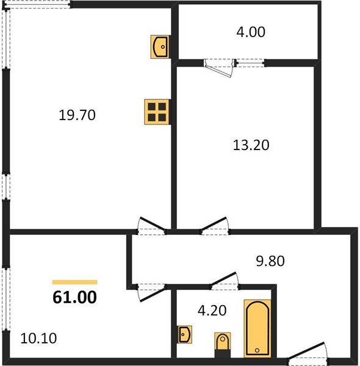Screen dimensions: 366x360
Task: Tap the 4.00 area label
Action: point(251,32)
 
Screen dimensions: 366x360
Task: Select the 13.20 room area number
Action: point(251,145)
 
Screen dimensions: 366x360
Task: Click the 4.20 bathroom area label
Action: point(211,310)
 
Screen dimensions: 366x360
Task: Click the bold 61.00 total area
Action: point(75,298)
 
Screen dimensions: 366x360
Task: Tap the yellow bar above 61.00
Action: point(75,282)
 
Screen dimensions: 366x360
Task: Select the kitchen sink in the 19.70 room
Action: point(160,46)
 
